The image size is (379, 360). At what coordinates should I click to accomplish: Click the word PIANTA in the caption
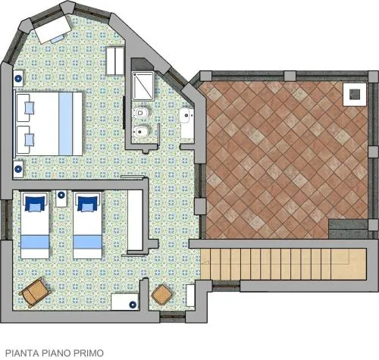[x=22, y=353]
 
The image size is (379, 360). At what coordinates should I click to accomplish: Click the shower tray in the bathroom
[x=143, y=86]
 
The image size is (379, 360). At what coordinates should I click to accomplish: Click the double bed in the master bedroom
[x=49, y=124]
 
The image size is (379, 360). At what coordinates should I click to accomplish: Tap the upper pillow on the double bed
[x=29, y=108]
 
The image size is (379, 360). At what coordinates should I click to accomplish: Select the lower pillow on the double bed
[x=29, y=139]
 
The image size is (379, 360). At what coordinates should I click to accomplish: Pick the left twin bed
[x=35, y=225]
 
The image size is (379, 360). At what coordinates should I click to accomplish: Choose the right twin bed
[x=87, y=225]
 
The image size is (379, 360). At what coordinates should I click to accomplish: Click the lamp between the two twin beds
[x=61, y=195]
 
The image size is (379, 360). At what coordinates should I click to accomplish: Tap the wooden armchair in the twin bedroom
[x=35, y=293]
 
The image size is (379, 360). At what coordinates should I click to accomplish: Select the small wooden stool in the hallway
[x=162, y=295]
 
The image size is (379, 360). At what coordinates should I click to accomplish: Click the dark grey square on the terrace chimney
[x=355, y=95]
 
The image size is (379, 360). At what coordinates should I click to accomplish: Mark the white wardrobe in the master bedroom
[x=115, y=61]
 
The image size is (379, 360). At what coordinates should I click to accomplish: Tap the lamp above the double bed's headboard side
[x=18, y=79]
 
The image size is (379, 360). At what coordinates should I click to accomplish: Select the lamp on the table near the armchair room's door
[x=133, y=305]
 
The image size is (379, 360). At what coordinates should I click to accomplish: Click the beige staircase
[x=283, y=264]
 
